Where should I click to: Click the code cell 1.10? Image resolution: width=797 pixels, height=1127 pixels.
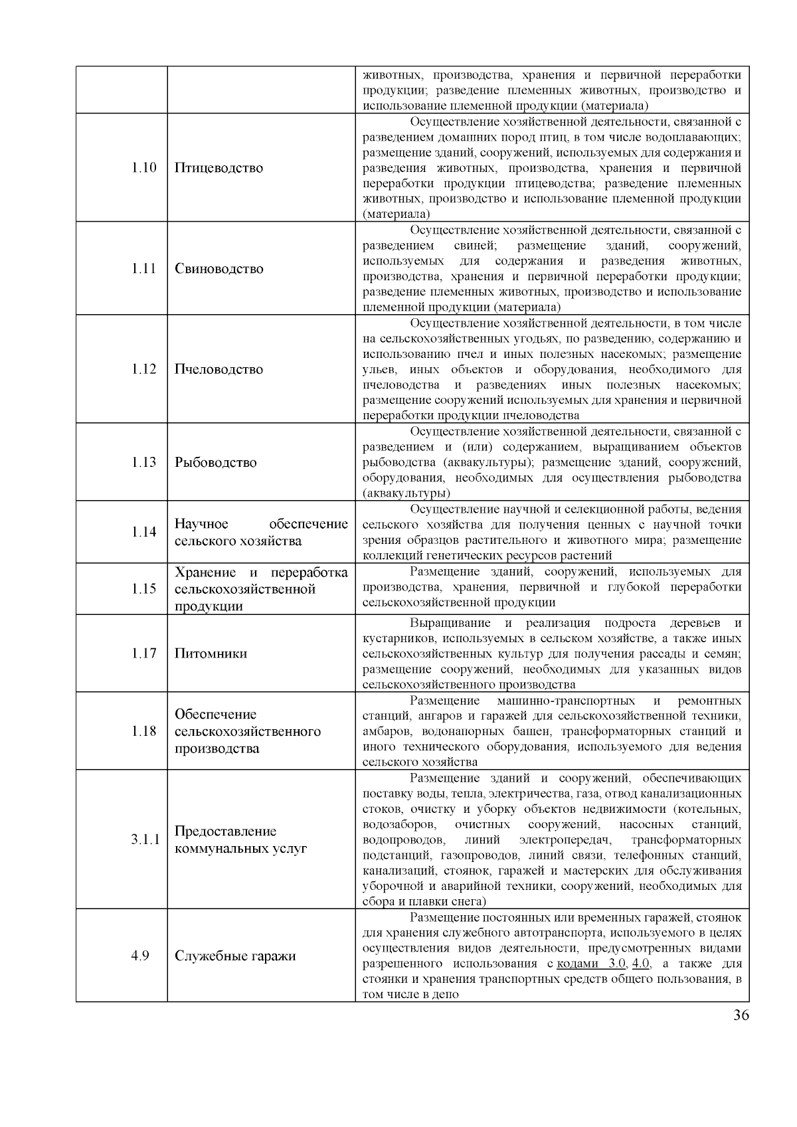click(x=143, y=167)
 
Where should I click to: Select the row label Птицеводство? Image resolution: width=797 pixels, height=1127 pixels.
click(x=219, y=167)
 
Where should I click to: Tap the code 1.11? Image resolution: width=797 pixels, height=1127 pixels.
click(x=143, y=268)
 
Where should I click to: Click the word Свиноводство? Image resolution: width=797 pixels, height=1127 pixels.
click(x=219, y=268)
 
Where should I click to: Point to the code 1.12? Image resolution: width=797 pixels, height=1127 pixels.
click(x=143, y=369)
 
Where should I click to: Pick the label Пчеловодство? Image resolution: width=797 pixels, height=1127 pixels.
click(x=219, y=369)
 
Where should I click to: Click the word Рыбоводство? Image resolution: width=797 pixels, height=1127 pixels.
click(x=215, y=462)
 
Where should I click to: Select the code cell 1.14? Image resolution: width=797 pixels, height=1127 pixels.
click(x=143, y=532)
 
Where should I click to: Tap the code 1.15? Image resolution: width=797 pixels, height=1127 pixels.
click(x=143, y=588)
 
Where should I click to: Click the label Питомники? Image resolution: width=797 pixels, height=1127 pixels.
click(x=211, y=653)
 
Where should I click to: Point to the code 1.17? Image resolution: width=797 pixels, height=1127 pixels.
click(x=143, y=653)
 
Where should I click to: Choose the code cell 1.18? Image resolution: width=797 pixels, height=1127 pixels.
click(x=143, y=731)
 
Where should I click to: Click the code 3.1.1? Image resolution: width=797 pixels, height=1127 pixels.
click(x=145, y=839)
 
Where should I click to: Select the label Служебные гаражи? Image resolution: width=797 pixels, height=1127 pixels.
click(x=235, y=956)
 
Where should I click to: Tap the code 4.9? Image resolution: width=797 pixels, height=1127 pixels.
click(x=140, y=956)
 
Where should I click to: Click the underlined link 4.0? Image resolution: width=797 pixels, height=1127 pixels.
click(x=640, y=964)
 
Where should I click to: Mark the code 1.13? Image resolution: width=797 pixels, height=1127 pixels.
click(x=143, y=462)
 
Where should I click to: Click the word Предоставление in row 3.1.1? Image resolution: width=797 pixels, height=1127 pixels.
click(x=225, y=831)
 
